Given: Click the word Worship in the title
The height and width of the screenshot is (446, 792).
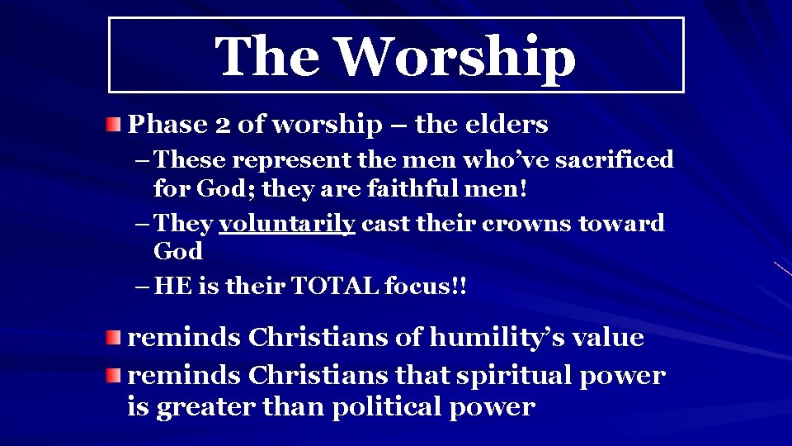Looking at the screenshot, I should click(456, 56).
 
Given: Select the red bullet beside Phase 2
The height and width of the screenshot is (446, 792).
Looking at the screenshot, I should click(113, 125).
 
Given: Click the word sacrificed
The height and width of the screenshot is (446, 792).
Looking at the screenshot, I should click(614, 159).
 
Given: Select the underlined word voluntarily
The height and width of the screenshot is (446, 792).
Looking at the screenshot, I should click(287, 224).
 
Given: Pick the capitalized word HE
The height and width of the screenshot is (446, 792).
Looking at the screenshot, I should click(172, 287).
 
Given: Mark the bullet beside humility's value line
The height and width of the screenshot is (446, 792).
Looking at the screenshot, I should click(113, 338).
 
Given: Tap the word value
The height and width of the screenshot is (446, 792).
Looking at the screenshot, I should click(605, 338).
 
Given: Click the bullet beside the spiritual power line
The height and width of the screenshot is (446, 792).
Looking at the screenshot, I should click(113, 376).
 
